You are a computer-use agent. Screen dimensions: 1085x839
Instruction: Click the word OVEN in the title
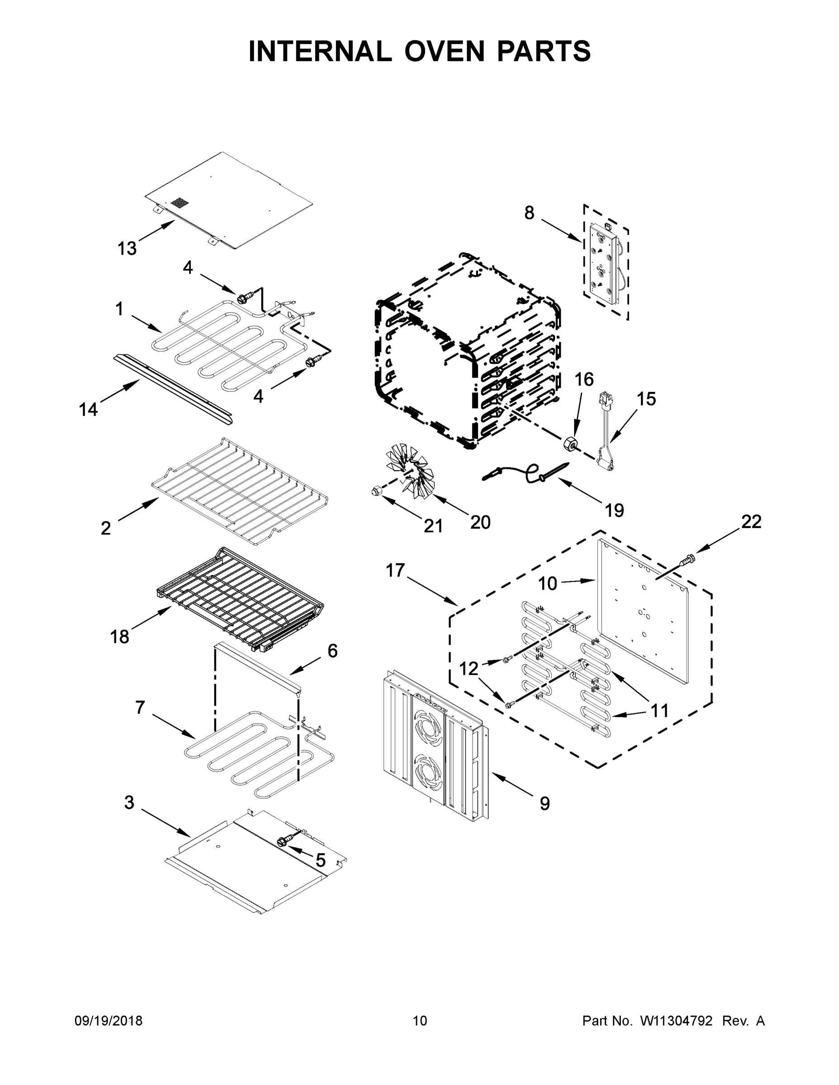point(443,51)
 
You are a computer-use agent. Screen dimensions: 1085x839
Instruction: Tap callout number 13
point(127,248)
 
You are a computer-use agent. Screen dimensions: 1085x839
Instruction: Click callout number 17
point(395,571)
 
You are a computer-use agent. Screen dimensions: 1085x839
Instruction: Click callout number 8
point(529,212)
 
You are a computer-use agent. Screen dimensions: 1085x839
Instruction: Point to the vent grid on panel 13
point(180,203)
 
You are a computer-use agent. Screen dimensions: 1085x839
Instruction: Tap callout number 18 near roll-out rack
point(119,637)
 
